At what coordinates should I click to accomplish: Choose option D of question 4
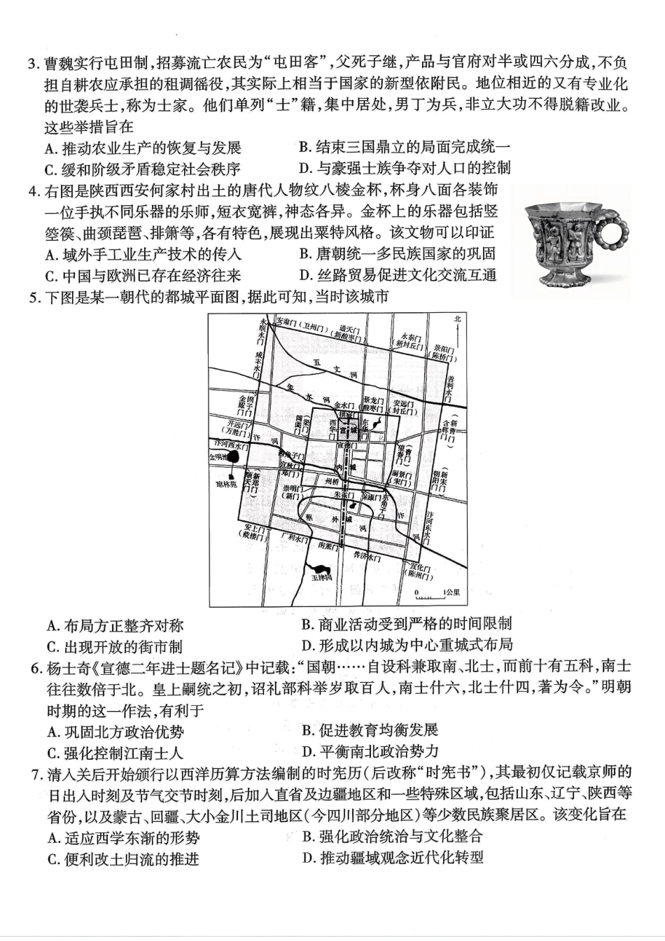coord(398,274)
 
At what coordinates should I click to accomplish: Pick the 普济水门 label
coord(366,557)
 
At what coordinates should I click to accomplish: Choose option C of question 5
coord(115,646)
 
